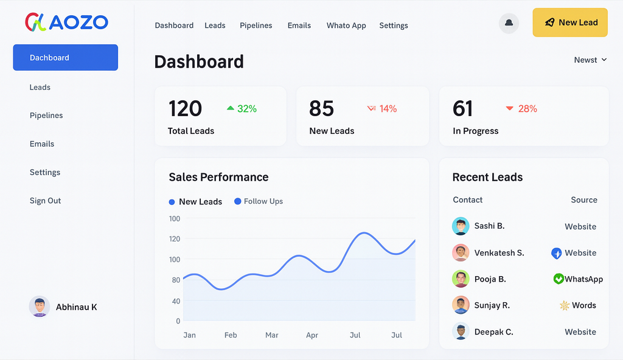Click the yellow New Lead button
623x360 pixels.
tap(570, 22)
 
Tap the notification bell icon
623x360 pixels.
tap(509, 23)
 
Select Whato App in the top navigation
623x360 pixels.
tap(346, 26)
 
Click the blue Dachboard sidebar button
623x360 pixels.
tap(65, 58)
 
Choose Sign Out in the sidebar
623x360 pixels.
tap(46, 201)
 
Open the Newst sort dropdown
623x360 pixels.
tap(590, 60)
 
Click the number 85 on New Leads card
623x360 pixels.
tap(321, 109)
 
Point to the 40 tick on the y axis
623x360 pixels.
tap(176, 301)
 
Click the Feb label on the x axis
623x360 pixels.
tap(231, 335)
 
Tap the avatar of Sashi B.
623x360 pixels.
tap(461, 226)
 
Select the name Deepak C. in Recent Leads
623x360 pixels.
tap(493, 332)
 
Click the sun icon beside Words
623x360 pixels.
tap(564, 305)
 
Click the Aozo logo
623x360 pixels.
tap(66, 23)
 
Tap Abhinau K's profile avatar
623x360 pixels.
tap(40, 306)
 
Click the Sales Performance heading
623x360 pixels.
tap(218, 177)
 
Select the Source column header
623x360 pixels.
tap(583, 200)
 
